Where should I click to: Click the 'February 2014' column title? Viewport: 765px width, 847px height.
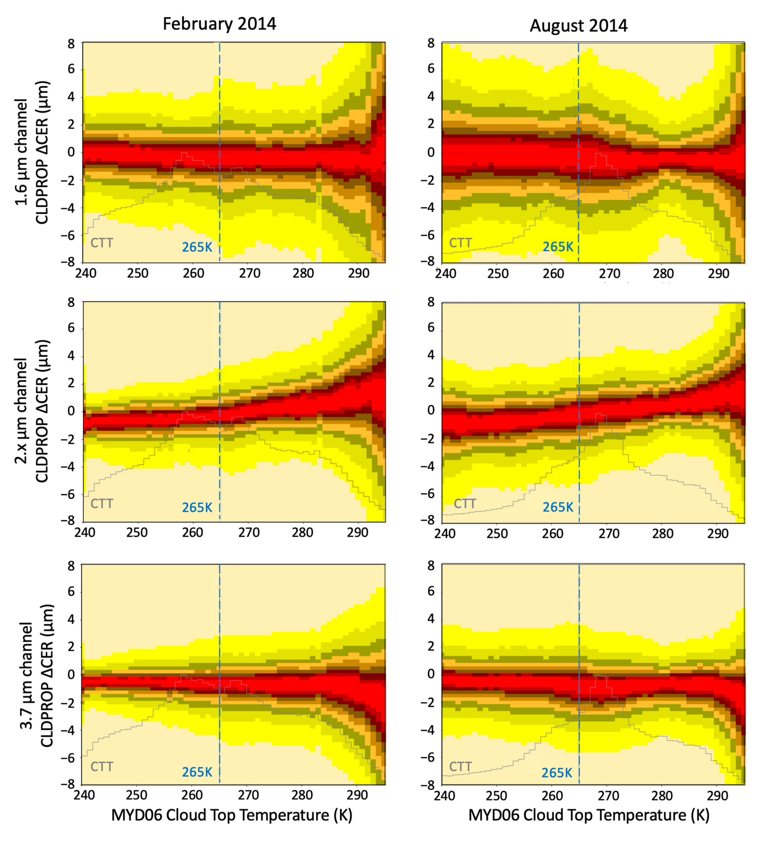tap(219, 24)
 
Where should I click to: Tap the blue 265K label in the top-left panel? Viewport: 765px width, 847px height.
tap(197, 247)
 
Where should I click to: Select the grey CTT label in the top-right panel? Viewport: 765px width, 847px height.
tap(460, 243)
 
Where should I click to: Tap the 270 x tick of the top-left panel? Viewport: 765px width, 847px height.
tap(250, 273)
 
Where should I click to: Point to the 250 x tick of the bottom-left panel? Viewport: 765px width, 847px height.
tap(137, 795)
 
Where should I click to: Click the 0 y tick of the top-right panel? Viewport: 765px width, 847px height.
tap(431, 153)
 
